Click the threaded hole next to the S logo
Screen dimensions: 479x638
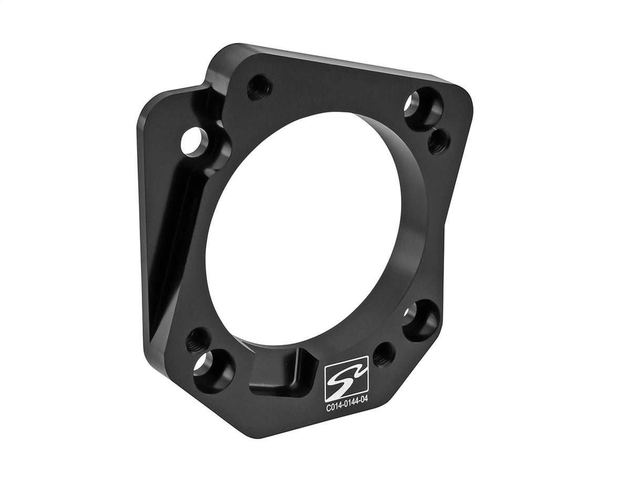click(384, 354)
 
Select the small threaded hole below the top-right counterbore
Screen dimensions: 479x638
click(438, 141)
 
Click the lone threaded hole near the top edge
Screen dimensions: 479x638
click(259, 87)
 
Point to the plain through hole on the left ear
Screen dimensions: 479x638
click(193, 141)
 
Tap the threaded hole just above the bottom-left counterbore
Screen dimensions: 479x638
click(198, 340)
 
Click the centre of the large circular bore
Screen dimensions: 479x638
click(310, 231)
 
